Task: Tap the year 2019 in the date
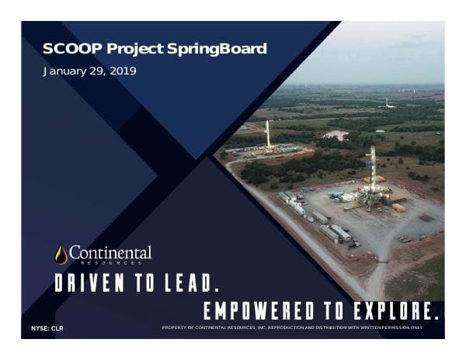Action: tap(123, 71)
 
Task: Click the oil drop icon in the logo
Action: tap(61, 254)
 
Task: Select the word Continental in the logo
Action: tap(110, 253)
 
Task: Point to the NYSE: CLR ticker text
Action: tap(47, 329)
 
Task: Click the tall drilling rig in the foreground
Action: tap(373, 175)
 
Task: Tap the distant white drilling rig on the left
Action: tap(269, 133)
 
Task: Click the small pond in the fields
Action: tap(336, 135)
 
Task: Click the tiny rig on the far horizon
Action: tap(387, 102)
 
